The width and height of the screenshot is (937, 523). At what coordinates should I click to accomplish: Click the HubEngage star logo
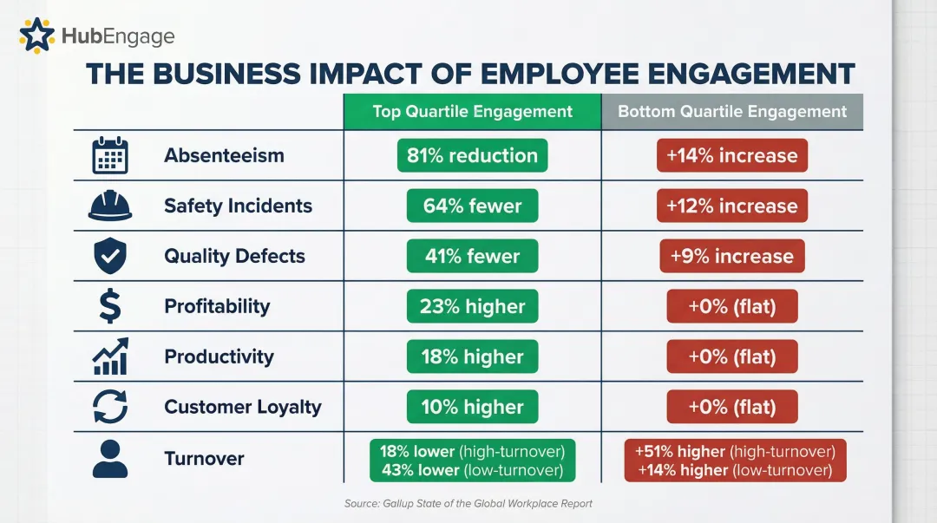click(36, 36)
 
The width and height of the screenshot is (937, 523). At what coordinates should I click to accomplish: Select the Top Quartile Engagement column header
click(473, 111)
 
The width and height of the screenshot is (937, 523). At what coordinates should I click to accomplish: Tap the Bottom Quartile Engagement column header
click(732, 111)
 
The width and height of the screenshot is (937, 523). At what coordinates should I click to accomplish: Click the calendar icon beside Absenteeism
click(110, 156)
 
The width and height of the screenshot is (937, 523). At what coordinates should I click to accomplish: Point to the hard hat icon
click(110, 206)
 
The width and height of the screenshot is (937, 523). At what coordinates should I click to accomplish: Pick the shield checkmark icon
click(110, 257)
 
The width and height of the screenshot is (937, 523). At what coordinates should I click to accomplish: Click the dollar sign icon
click(110, 306)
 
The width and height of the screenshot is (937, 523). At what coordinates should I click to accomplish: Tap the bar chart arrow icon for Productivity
click(110, 356)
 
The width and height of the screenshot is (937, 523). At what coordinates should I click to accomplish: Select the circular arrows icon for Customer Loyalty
click(110, 407)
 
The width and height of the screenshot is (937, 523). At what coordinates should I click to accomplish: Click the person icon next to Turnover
click(110, 459)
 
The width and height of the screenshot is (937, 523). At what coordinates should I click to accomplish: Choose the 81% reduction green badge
click(473, 156)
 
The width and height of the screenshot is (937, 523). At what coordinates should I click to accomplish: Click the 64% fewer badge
click(473, 206)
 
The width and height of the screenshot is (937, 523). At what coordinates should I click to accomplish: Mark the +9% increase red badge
click(732, 257)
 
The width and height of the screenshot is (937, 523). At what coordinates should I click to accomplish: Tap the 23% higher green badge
click(473, 306)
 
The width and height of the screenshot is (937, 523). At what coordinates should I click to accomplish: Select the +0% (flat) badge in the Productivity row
click(732, 356)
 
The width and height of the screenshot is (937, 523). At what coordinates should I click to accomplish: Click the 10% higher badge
click(473, 407)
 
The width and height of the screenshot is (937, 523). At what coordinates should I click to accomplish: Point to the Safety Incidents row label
click(238, 206)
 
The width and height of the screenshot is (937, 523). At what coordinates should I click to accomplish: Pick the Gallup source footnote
click(468, 503)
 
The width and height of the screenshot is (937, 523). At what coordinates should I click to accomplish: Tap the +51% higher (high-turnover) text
click(735, 451)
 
